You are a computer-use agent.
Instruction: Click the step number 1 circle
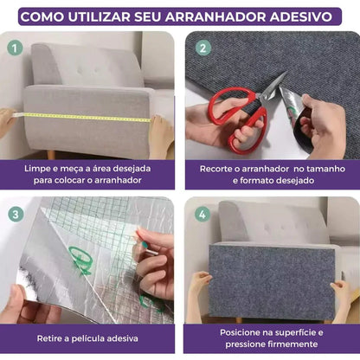click(x=15, y=48)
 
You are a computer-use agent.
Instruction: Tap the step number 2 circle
click(x=201, y=48)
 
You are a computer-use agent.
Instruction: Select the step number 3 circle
click(x=15, y=214)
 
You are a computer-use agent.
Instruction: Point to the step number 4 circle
click(x=201, y=214)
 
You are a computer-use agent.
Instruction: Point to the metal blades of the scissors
click(x=275, y=85)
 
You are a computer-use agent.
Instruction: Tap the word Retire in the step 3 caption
click(x=52, y=337)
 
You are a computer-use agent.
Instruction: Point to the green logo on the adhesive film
click(x=80, y=260)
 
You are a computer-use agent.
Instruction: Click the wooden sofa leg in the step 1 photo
click(x=51, y=154)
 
